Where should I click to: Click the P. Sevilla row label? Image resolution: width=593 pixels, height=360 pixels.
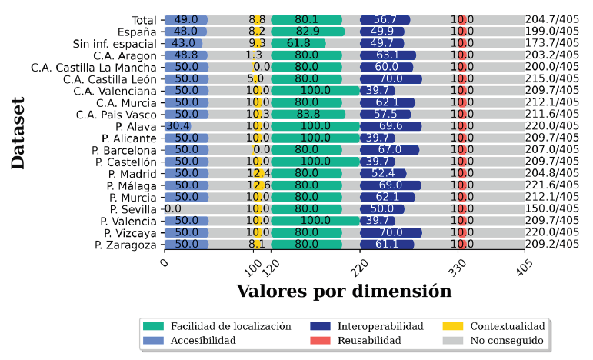point(134,209)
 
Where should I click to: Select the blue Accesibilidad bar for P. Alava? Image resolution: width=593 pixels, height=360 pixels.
point(178,126)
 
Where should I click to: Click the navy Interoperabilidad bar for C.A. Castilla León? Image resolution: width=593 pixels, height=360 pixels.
point(391,79)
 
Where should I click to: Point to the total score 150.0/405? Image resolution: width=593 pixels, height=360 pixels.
point(551,209)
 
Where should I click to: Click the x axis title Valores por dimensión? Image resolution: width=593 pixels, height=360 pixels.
point(343,292)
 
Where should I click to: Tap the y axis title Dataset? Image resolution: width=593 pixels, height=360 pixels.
point(18,132)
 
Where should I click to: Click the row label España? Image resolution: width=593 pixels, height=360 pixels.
point(138,32)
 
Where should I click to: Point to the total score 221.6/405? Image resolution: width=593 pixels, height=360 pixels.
point(551,185)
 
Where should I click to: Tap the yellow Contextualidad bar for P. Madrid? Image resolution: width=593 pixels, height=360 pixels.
point(259,174)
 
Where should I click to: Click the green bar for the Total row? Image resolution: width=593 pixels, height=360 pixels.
point(307,20)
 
